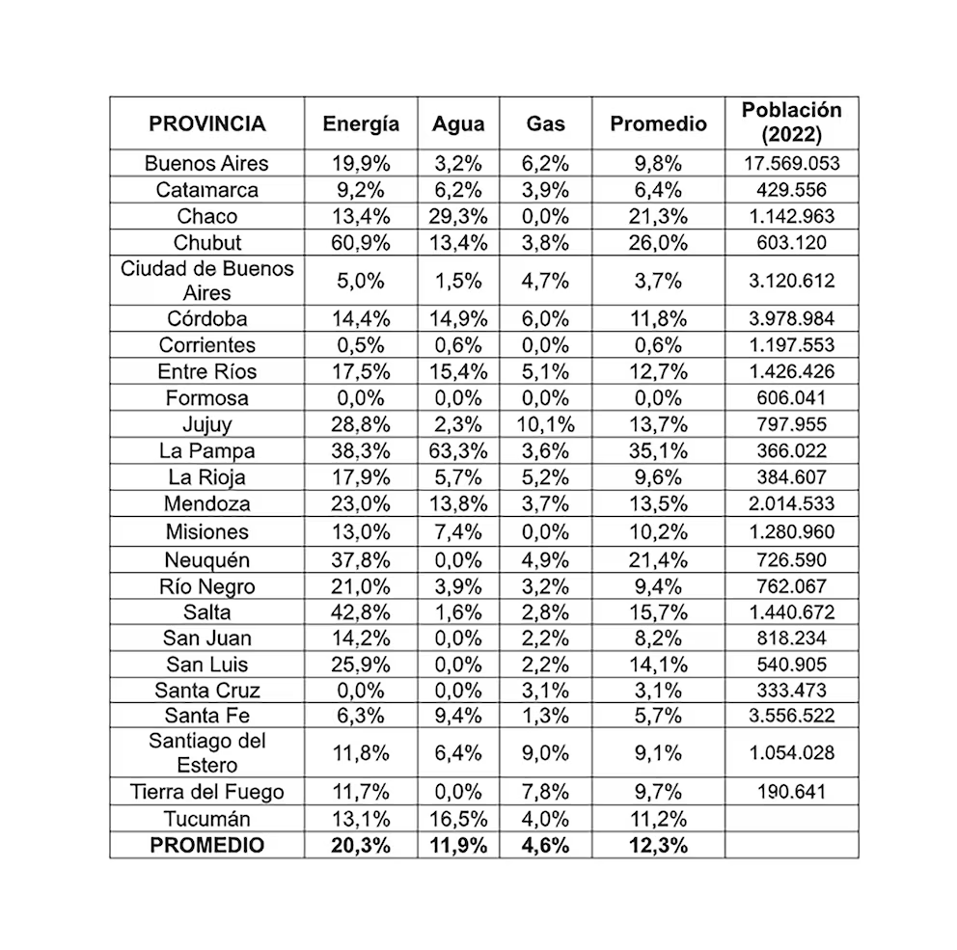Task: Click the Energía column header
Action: coord(361,123)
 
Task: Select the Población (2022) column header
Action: coord(791,122)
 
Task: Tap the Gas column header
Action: coord(545,123)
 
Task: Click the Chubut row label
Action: coord(206,242)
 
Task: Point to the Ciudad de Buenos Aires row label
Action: coord(206,280)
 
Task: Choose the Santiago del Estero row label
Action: coord(206,752)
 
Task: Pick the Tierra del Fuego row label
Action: coord(206,792)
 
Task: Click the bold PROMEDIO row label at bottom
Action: coord(206,845)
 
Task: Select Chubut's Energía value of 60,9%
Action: coord(361,242)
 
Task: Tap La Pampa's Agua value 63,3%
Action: coord(458,450)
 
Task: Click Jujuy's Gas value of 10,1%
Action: coord(547,424)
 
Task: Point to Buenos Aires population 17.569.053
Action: coord(791,163)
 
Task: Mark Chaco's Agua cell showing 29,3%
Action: coord(458,216)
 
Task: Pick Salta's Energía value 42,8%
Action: coord(361,611)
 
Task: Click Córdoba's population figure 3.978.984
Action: coord(791,318)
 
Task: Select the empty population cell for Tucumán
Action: coord(791,819)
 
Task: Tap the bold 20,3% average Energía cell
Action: coord(361,845)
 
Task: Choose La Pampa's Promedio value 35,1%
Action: coord(659,450)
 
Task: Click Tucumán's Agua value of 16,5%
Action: coord(458,819)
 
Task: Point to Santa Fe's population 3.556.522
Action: coord(791,715)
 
